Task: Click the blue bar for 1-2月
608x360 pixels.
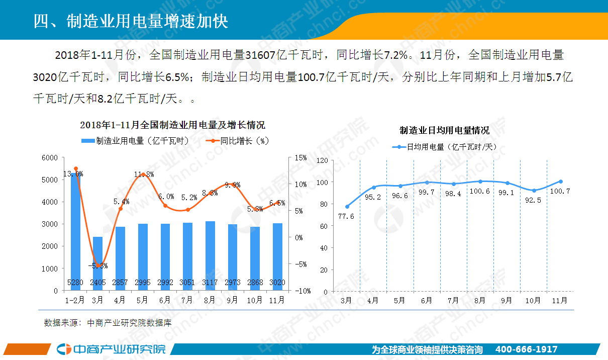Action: [x=75, y=231]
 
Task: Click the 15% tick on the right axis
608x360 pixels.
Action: [x=300, y=158]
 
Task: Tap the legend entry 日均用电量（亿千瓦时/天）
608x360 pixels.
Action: [x=444, y=147]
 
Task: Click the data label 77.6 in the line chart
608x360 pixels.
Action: [x=347, y=216]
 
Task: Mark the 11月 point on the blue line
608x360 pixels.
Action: [x=560, y=182]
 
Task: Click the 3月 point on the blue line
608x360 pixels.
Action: [x=347, y=207]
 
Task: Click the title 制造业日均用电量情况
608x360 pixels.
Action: [x=444, y=131]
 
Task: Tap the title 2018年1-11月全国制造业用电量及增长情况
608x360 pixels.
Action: [x=172, y=125]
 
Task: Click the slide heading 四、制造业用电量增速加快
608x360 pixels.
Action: [x=131, y=21]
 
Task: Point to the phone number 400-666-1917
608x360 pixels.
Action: [x=526, y=349]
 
